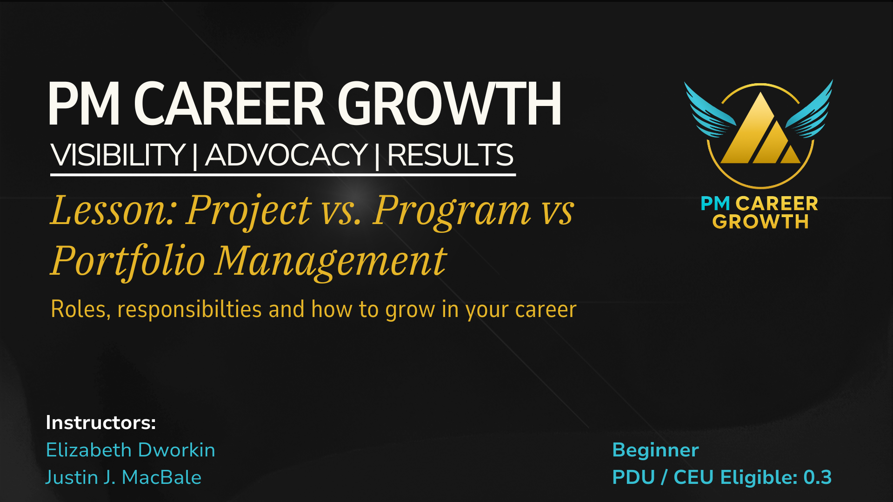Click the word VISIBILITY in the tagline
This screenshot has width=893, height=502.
[x=118, y=155]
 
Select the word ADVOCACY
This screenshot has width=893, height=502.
[x=287, y=155]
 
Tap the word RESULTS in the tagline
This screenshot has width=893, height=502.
[x=450, y=155]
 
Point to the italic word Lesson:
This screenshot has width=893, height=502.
[x=112, y=210]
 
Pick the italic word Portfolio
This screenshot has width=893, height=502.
[x=128, y=261]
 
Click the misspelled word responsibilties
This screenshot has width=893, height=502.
[x=190, y=310]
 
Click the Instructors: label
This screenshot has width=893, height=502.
[x=101, y=423]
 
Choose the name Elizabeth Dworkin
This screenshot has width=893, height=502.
[x=131, y=450]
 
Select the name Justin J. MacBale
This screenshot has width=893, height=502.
[x=123, y=477]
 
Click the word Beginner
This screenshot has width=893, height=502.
[x=656, y=450]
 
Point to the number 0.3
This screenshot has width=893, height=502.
[x=818, y=477]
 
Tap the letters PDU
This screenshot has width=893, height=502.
[x=633, y=477]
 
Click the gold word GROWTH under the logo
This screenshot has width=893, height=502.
[x=760, y=222]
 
